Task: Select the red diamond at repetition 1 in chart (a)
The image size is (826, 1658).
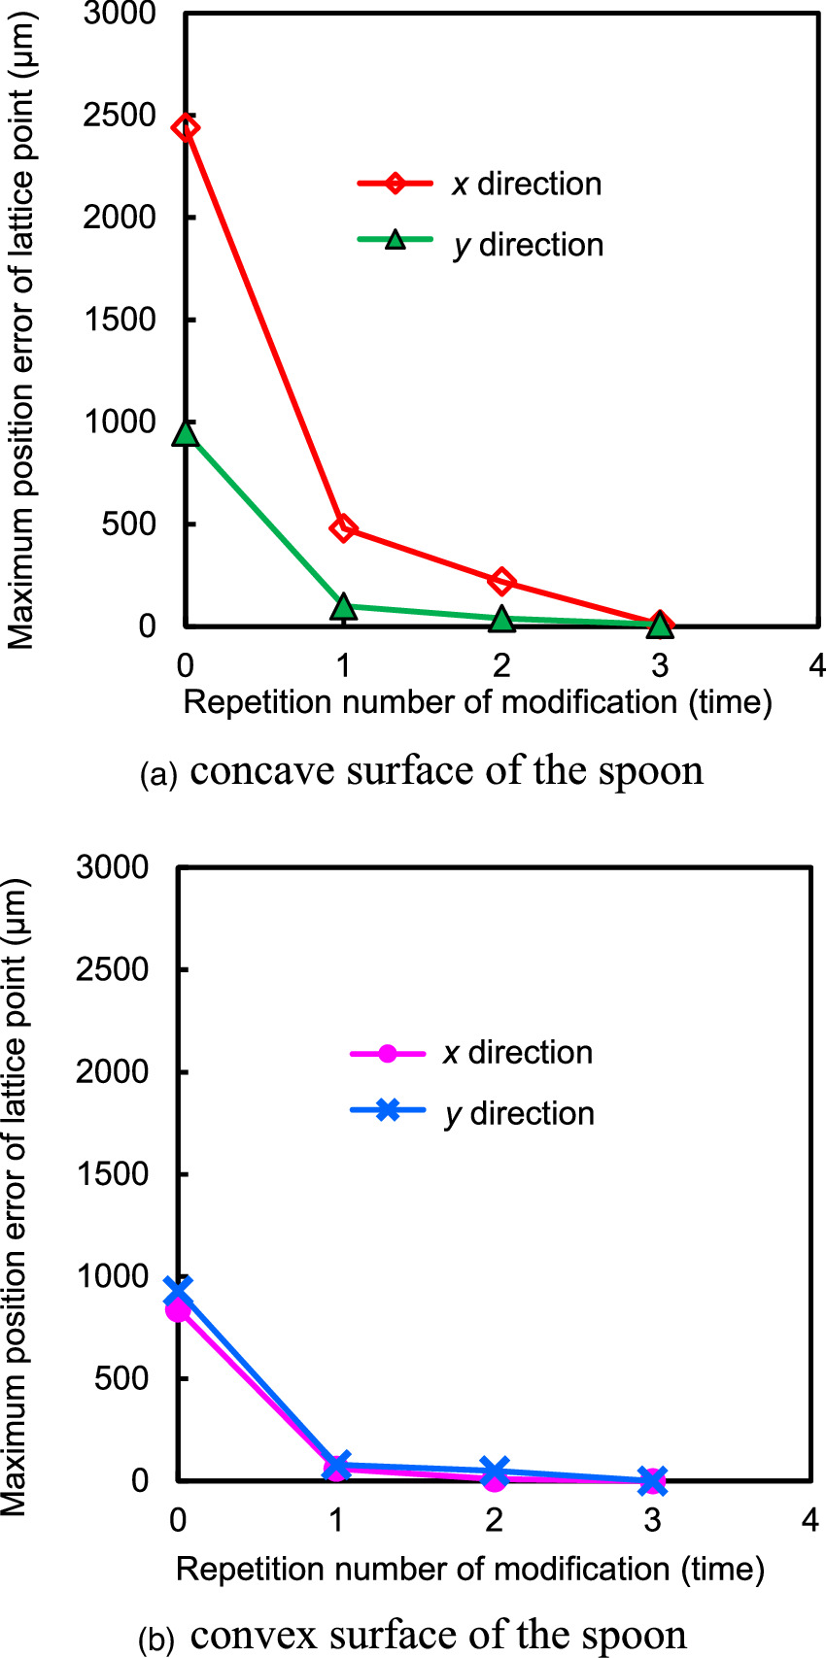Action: click(343, 528)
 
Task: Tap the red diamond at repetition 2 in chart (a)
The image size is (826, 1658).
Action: click(501, 581)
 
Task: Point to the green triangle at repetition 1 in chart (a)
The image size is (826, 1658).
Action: click(343, 607)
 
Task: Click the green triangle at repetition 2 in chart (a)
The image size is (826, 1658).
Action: click(501, 619)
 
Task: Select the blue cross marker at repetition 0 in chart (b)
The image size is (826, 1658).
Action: click(178, 1291)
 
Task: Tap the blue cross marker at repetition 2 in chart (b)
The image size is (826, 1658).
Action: click(495, 1471)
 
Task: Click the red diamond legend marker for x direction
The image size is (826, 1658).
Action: click(395, 184)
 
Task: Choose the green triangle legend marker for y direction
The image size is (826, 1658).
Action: click(395, 240)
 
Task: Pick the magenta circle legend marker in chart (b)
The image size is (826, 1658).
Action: click(387, 1053)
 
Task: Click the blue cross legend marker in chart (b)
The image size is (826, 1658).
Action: click(387, 1110)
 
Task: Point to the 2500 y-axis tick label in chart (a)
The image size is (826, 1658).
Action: click(120, 116)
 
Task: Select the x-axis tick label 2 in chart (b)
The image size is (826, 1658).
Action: click(495, 1518)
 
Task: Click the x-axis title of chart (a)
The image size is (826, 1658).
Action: click(477, 702)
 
